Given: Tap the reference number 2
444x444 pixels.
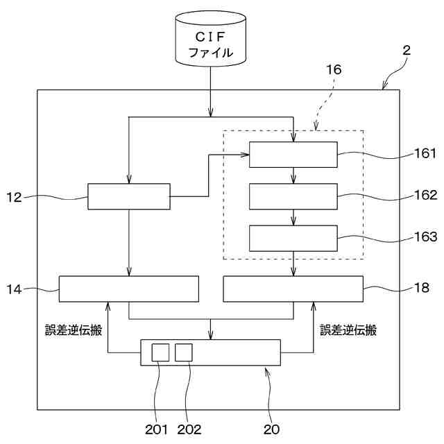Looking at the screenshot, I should pyautogui.click(x=406, y=50).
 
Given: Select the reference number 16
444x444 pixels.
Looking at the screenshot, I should pyautogui.click(x=334, y=70).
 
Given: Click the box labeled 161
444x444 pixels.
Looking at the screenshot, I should pyautogui.click(x=293, y=154).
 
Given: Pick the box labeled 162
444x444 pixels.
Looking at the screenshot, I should pyautogui.click(x=293, y=196).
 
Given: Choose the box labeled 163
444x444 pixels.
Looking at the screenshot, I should pyautogui.click(x=293, y=239).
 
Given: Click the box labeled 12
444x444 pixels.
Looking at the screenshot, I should pyautogui.click(x=128, y=196).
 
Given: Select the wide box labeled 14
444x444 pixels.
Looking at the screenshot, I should pyautogui.click(x=128, y=289).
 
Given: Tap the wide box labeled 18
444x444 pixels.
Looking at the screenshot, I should pyautogui.click(x=293, y=289).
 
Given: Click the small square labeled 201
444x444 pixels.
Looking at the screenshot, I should pyautogui.click(x=160, y=352).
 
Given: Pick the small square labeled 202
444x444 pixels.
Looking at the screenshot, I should pyautogui.click(x=183, y=352).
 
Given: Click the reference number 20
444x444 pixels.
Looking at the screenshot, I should pyautogui.click(x=271, y=429).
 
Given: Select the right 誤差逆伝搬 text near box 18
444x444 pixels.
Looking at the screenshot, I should pyautogui.click(x=348, y=331).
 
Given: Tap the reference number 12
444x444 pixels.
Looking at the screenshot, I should pyautogui.click(x=15, y=198).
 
